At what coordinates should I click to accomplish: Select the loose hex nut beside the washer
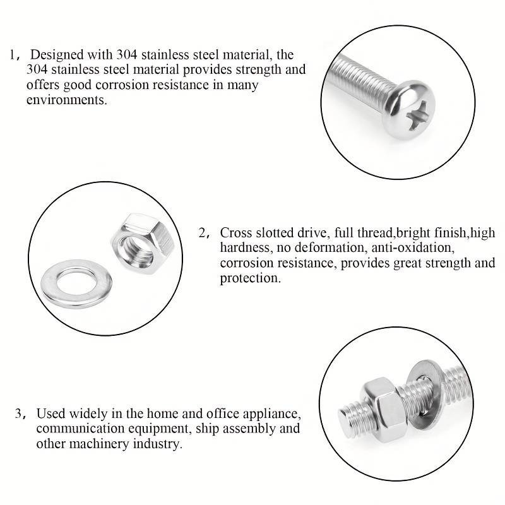pyautogui.click(x=143, y=244)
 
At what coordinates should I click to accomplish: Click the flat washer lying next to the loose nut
pyautogui.click(x=76, y=283)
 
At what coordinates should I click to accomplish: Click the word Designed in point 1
pyautogui.click(x=57, y=55)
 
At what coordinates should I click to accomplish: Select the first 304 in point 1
pyautogui.click(x=127, y=54)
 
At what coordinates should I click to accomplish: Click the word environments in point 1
pyautogui.click(x=67, y=100)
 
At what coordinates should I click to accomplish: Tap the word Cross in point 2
pyautogui.click(x=235, y=232)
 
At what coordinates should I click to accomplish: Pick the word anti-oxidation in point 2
pyautogui.click(x=413, y=247)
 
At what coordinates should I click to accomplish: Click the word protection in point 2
pyautogui.click(x=250, y=278)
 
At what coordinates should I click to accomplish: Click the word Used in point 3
pyautogui.click(x=51, y=413)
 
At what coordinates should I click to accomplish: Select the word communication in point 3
pyautogui.click(x=80, y=429)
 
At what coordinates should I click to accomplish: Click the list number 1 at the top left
pyautogui.click(x=12, y=55)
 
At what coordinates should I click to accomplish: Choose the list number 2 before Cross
pyautogui.click(x=202, y=232)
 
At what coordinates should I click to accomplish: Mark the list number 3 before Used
pyautogui.click(x=18, y=413)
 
